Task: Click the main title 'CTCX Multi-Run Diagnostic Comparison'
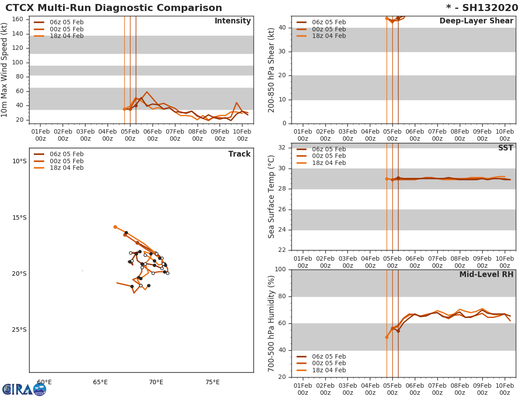click(114, 8)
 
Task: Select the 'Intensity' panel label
click(232, 21)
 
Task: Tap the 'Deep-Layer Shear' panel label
click(476, 21)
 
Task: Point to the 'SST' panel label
click(505, 148)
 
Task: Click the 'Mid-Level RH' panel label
click(486, 274)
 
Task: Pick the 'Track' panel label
click(239, 154)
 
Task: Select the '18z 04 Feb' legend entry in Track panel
click(66, 168)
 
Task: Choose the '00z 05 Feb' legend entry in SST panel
click(328, 156)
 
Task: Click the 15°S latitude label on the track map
click(19, 217)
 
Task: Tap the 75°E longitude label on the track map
click(212, 382)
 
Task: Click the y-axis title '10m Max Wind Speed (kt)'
click(5, 71)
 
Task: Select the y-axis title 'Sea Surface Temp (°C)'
click(272, 197)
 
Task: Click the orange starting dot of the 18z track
click(115, 227)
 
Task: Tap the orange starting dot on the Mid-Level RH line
click(387, 337)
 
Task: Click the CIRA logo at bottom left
click(24, 389)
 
